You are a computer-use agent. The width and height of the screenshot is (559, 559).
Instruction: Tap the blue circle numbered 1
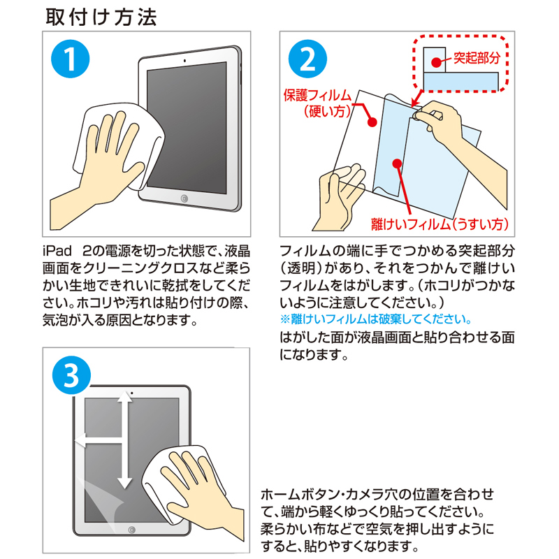pos(69,61)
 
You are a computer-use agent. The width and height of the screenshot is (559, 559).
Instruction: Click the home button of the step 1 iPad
pos(184,199)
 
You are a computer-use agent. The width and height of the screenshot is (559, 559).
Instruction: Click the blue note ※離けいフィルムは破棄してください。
pos(375,319)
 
